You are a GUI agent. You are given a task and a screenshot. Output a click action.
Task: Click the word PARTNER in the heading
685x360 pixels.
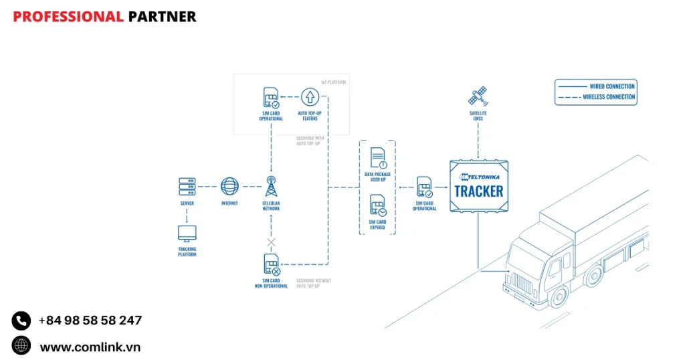tap(162, 17)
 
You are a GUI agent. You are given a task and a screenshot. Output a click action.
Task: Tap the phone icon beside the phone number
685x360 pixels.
tap(21, 321)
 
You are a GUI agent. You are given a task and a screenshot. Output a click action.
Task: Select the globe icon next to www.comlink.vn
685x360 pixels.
tap(21, 345)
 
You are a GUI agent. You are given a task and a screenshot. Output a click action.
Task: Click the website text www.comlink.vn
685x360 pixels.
tap(90, 347)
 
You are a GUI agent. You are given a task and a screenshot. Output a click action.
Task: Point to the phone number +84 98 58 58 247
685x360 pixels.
tap(90, 321)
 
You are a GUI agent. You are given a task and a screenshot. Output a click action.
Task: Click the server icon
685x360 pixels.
tap(187, 186)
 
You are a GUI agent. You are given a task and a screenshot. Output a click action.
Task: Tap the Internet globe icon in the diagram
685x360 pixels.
tap(229, 186)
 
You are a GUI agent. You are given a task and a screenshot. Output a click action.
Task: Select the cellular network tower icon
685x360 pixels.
tap(271, 187)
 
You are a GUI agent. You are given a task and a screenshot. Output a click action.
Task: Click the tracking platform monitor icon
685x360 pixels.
tap(187, 233)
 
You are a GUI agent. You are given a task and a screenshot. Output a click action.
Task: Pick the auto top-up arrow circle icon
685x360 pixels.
tap(308, 97)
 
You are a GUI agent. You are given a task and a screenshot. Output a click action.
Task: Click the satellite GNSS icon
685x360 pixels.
tap(478, 96)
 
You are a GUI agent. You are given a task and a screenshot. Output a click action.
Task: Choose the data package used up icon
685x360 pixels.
tap(378, 157)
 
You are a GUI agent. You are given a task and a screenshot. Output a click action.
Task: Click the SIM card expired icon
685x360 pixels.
tap(378, 205)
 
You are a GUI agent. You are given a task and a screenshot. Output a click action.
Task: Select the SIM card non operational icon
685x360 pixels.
tap(271, 265)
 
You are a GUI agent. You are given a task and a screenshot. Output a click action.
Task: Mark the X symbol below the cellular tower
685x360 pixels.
tap(271, 242)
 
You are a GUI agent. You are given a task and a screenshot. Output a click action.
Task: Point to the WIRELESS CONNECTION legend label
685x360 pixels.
tap(609, 97)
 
